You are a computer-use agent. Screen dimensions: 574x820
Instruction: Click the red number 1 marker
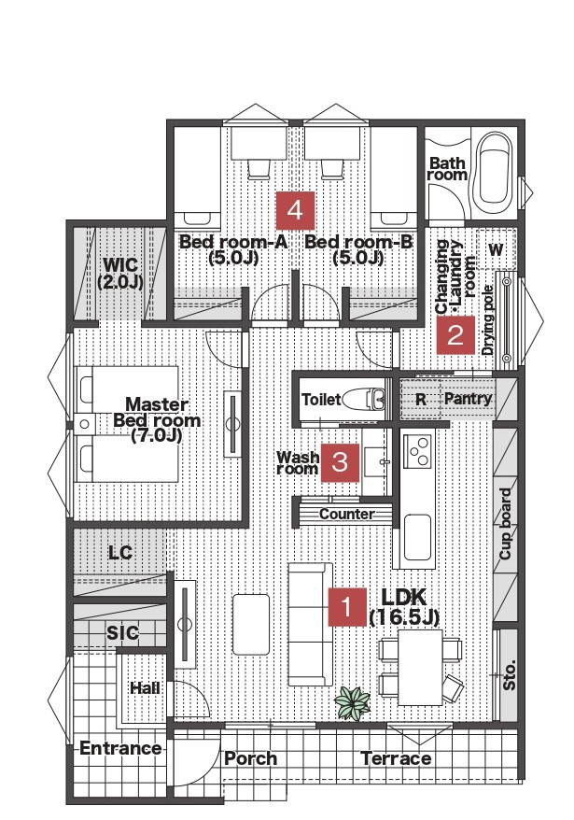[x=347, y=607]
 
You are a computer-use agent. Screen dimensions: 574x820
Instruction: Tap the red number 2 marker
[x=455, y=334]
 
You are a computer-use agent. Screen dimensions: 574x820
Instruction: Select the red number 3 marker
[x=340, y=462]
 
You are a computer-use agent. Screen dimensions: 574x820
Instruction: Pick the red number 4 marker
[x=295, y=211]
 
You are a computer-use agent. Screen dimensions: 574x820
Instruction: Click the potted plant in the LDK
[x=352, y=702]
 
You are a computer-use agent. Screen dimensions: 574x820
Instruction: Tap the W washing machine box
[x=497, y=249]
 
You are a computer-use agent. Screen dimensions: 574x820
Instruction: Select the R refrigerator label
[x=420, y=400]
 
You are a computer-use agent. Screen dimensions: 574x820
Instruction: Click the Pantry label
[x=468, y=399]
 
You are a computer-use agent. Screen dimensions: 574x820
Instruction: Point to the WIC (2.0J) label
[x=120, y=273]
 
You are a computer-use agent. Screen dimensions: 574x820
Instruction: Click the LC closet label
[x=120, y=553]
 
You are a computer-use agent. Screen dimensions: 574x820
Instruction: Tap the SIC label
[x=122, y=633]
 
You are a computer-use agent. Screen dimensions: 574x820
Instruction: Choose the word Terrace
[x=396, y=758]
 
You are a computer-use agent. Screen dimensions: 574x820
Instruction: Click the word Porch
[x=250, y=758]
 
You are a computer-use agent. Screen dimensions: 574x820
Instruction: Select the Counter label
[x=346, y=514]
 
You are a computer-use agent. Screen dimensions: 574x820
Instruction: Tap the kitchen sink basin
[x=418, y=537]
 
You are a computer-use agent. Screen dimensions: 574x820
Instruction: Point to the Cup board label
[x=506, y=524]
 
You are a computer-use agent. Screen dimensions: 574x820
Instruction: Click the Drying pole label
[x=488, y=320]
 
